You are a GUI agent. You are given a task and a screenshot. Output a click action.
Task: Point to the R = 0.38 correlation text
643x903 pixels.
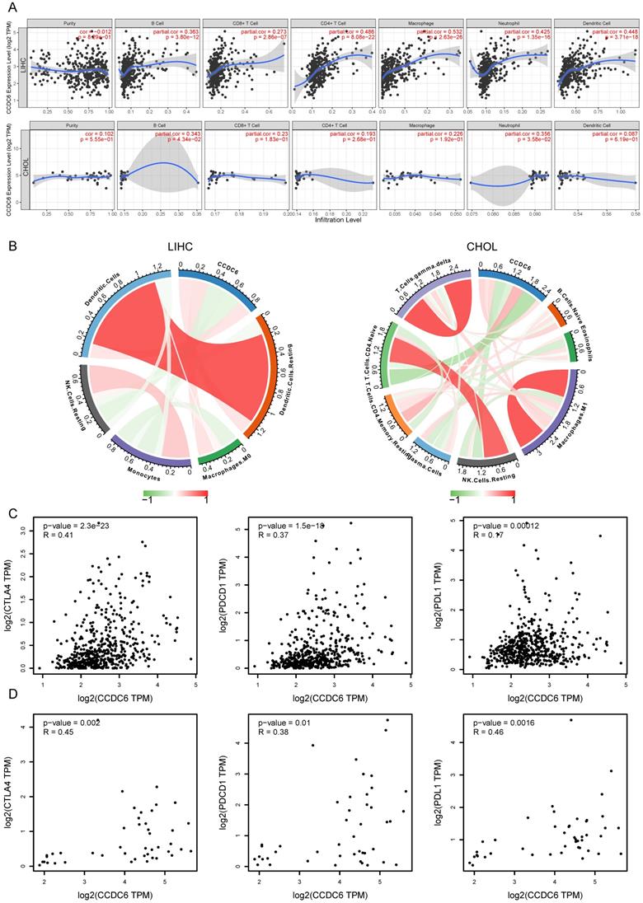click(x=276, y=731)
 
